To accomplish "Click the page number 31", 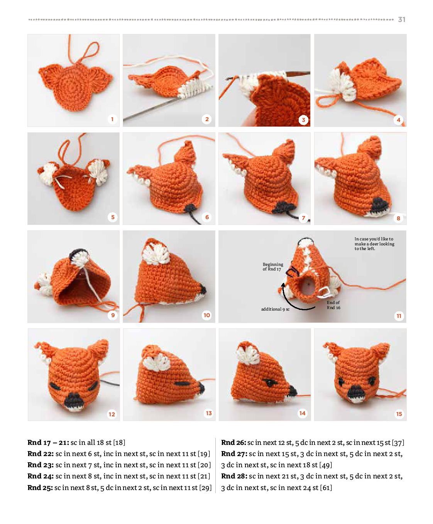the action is (401, 20).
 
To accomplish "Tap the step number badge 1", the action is (112, 119).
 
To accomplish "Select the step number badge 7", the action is (303, 218).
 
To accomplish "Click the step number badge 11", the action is (399, 316).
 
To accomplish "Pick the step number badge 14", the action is (302, 413).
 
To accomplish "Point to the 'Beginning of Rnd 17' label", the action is (272, 267).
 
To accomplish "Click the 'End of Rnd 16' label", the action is (333, 305).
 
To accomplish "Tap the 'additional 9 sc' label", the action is (275, 309).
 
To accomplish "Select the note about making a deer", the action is (374, 244).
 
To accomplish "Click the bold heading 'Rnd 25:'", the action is (40, 488).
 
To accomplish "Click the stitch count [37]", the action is (398, 443).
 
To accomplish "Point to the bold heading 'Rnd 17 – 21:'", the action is (48, 443).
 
